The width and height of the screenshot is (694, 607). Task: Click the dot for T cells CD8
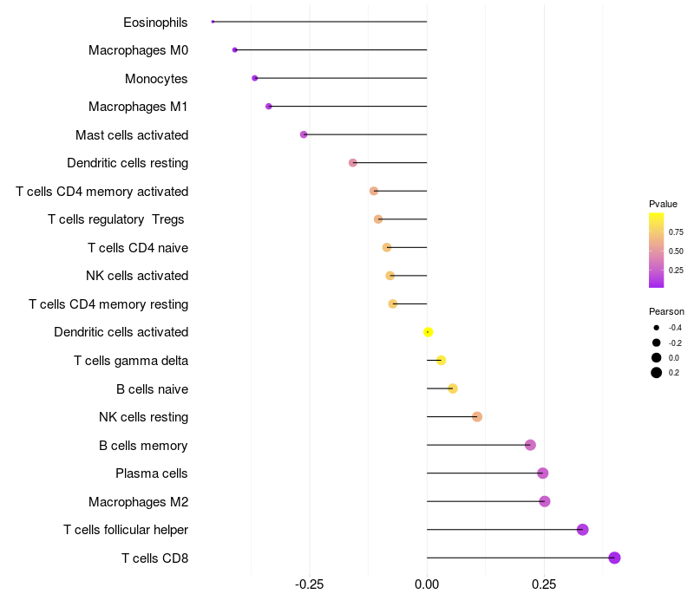point(614,558)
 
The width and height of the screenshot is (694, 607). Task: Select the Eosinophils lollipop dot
point(213,22)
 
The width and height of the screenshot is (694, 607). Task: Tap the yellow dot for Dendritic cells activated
point(428,332)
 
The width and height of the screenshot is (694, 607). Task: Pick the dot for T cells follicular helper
point(583,530)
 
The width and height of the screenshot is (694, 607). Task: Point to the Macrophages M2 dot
point(545,501)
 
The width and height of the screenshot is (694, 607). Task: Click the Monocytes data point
point(254,78)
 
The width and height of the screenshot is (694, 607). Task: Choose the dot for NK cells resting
point(477,417)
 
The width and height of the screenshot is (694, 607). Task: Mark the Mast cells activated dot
point(304,134)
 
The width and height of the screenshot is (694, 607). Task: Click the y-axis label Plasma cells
point(152,473)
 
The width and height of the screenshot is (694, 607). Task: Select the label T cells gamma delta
point(131,361)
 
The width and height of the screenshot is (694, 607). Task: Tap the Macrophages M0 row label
point(138,50)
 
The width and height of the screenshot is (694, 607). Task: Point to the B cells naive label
point(152,388)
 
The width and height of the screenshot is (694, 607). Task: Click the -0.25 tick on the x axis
point(310,584)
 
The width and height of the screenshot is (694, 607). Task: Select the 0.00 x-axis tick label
point(427,584)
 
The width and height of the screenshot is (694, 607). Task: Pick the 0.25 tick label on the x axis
point(544,584)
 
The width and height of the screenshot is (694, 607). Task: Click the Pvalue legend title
point(664,204)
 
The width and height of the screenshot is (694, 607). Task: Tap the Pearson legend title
point(666,311)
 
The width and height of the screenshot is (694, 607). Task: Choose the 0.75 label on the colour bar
point(676,232)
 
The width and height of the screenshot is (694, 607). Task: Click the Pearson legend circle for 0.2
point(657,373)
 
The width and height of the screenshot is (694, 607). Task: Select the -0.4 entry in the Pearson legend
point(657,328)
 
